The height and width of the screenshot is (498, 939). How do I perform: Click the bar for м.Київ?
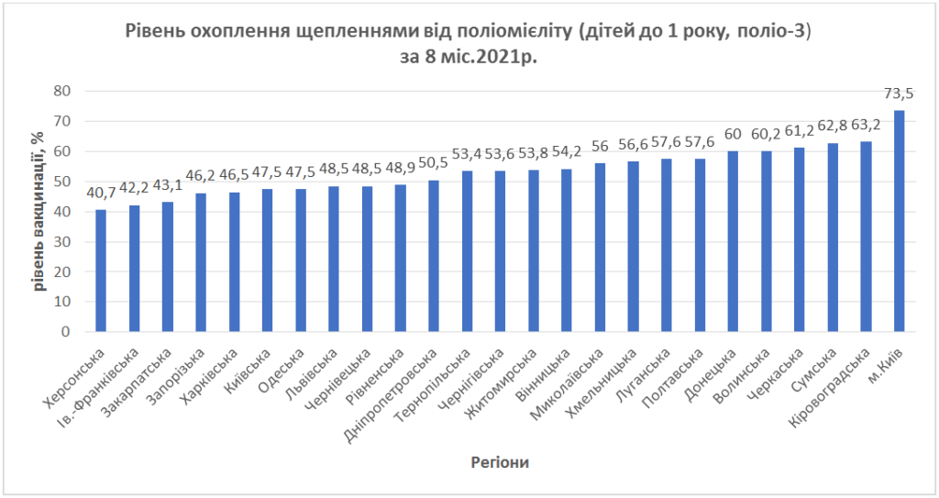tap(899, 221)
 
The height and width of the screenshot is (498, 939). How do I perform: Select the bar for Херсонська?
tap(101, 271)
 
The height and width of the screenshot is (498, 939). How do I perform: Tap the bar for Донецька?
tap(733, 241)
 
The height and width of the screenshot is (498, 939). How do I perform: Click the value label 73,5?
tap(899, 94)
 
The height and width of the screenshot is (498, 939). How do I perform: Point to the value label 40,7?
tap(101, 193)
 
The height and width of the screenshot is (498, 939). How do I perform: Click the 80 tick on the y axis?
tap(61, 91)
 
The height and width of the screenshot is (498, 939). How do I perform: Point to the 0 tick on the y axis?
tap(66, 332)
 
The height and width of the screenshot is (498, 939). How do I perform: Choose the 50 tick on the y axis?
tap(61, 182)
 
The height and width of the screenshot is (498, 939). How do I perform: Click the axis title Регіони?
tap(499, 461)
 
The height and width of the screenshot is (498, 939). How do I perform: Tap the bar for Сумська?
tap(833, 238)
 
